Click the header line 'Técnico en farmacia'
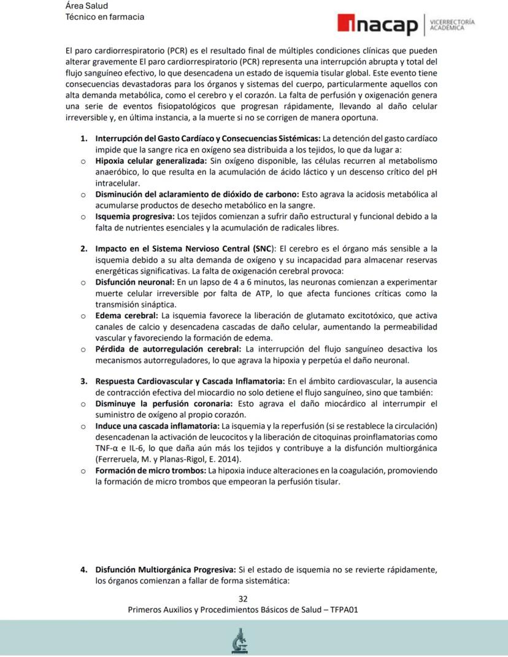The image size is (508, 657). [x=105, y=17]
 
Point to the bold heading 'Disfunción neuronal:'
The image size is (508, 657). [x=134, y=282]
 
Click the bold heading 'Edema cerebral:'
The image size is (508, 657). [x=126, y=315]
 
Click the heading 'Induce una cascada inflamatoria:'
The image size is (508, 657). [x=157, y=426]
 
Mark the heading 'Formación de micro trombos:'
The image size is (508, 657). [x=150, y=471]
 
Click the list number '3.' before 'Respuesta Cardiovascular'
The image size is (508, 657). [x=84, y=382]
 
